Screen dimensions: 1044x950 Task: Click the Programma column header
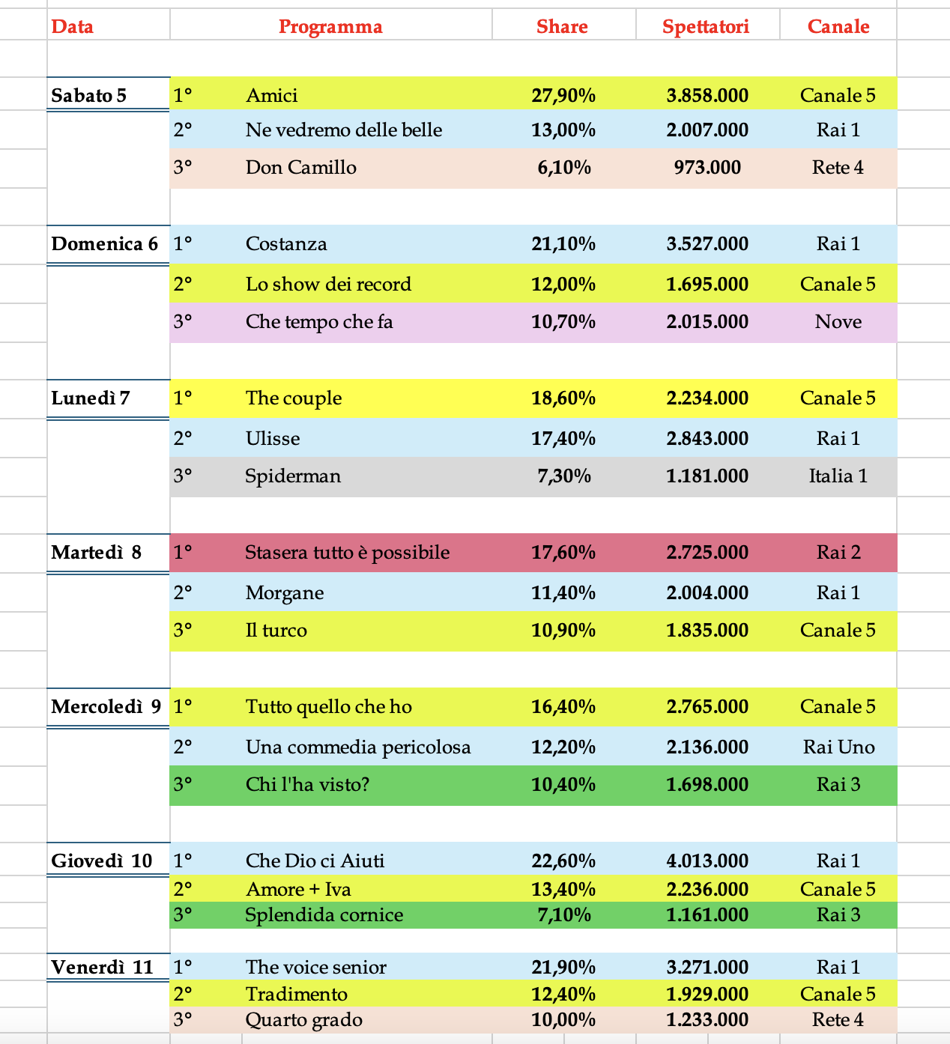pyautogui.click(x=330, y=27)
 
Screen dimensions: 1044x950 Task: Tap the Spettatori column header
pyautogui.click(x=706, y=27)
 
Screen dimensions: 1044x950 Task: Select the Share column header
pyautogui.click(x=562, y=27)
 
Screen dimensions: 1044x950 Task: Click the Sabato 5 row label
pyautogui.click(x=89, y=95)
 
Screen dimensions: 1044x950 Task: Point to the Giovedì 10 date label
pyautogui.click(x=102, y=861)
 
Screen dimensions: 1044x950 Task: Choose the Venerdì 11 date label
pyautogui.click(x=102, y=967)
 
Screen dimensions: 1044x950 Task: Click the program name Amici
pyautogui.click(x=271, y=95)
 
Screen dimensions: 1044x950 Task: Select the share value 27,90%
pyautogui.click(x=563, y=95)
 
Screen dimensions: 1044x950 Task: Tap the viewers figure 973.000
pyautogui.click(x=707, y=167)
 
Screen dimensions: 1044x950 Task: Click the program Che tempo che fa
pyautogui.click(x=319, y=321)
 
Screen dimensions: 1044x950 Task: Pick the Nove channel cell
pyautogui.click(x=838, y=321)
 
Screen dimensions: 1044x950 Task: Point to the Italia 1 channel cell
pyautogui.click(x=838, y=476)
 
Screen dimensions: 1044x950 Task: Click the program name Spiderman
pyautogui.click(x=293, y=476)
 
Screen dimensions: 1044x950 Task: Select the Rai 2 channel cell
pyautogui.click(x=838, y=552)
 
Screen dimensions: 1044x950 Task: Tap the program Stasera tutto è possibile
pyautogui.click(x=348, y=552)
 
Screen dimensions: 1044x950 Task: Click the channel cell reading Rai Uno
pyautogui.click(x=838, y=747)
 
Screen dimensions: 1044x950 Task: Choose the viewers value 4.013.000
pyautogui.click(x=707, y=861)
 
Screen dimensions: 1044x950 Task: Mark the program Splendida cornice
pyautogui.click(x=324, y=914)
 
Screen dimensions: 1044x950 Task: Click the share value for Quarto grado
pyautogui.click(x=563, y=1019)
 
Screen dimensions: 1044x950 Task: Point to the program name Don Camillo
pyautogui.click(x=301, y=167)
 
